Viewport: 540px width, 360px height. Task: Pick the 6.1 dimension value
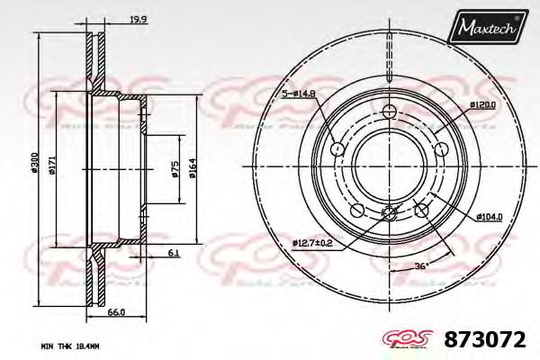click(x=171, y=253)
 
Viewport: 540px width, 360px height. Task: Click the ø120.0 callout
click(x=481, y=104)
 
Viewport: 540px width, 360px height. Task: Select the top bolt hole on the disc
click(x=389, y=112)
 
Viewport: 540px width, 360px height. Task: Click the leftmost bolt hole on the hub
click(x=336, y=148)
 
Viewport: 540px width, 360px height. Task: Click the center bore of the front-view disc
click(x=389, y=166)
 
